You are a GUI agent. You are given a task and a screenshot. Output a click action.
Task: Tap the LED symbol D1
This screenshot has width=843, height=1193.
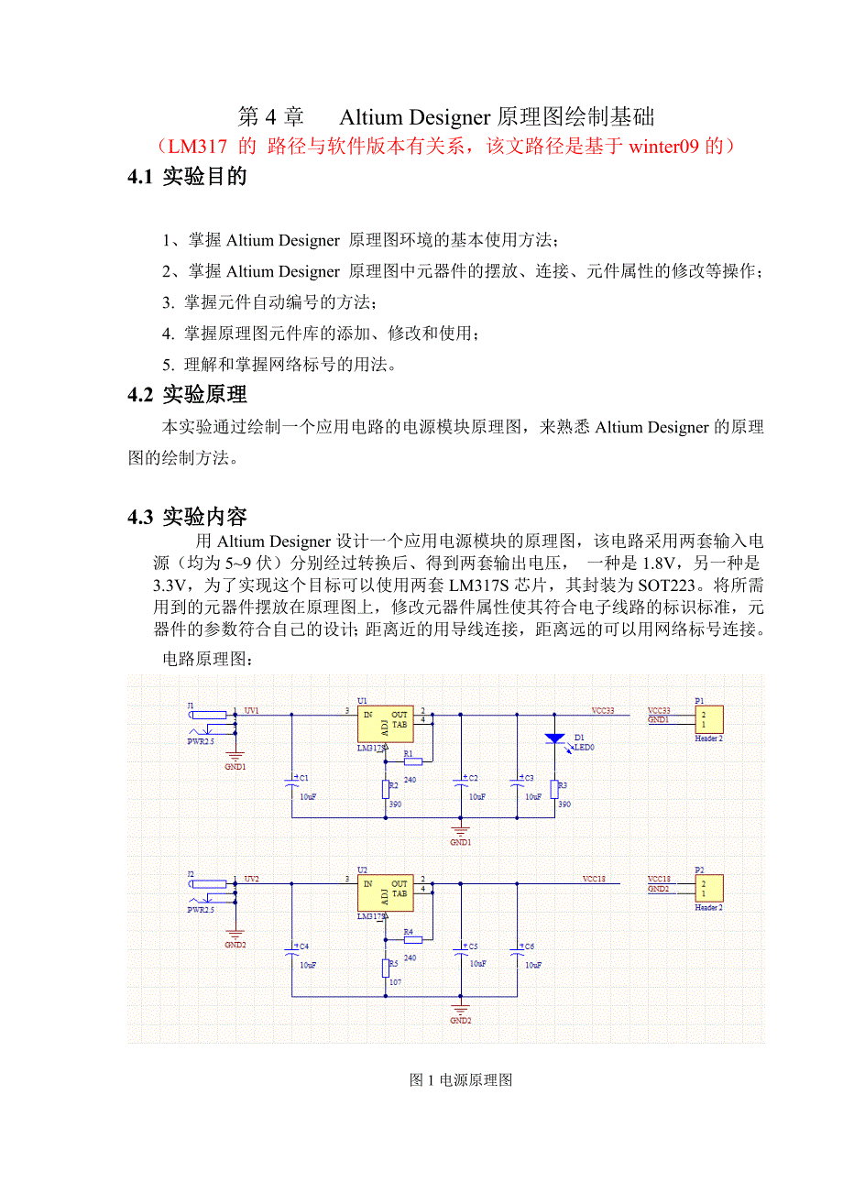point(554,739)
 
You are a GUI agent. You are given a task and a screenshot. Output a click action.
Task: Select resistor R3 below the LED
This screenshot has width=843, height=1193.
point(554,789)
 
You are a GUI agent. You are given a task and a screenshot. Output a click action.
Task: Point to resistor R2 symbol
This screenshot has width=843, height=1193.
point(386,789)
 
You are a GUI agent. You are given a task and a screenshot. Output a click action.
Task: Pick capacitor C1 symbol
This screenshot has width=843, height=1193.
point(291,782)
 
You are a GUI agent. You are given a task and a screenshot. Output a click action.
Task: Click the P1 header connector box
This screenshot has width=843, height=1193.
point(708,720)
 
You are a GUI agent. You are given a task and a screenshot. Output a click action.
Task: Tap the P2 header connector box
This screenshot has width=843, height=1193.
point(708,888)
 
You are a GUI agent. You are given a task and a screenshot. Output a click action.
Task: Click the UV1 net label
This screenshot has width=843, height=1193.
point(252,710)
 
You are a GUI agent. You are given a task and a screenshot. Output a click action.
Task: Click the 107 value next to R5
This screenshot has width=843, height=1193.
point(396,982)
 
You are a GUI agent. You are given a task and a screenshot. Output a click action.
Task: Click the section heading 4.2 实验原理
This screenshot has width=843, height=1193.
point(188,395)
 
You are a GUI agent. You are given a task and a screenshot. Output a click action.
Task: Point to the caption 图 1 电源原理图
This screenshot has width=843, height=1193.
point(461,1079)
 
